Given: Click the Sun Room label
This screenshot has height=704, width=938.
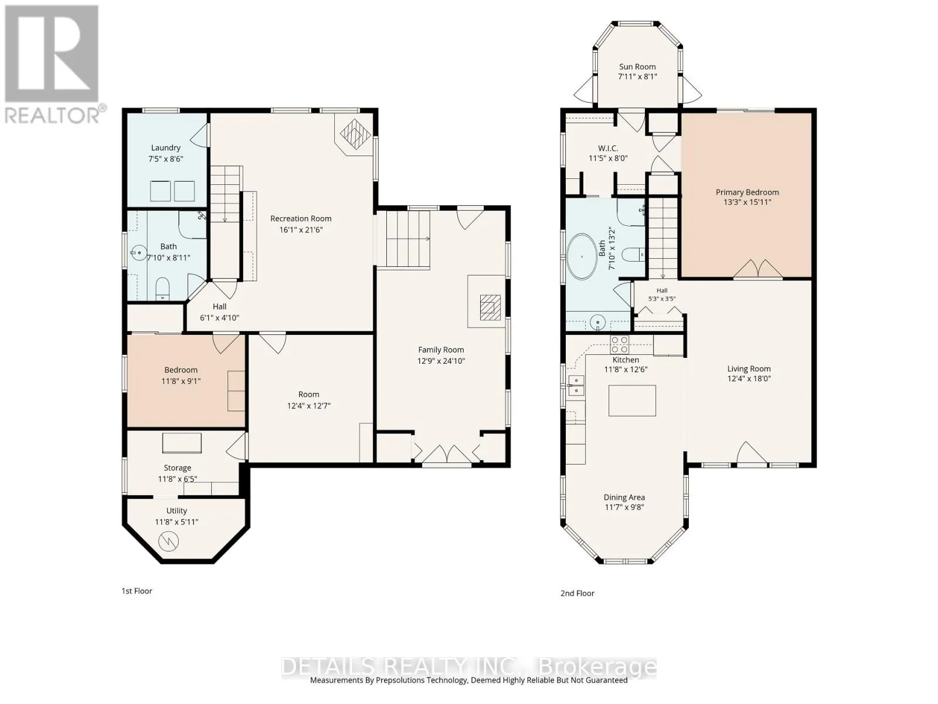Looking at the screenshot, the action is click(x=637, y=67).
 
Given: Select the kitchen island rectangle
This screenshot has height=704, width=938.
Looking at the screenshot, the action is click(x=632, y=400).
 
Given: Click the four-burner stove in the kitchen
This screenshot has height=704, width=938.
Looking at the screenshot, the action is click(x=620, y=344).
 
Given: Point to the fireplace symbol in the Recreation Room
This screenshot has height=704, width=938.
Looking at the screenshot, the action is click(x=355, y=133).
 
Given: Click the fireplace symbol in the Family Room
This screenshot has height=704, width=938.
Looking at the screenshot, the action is click(x=490, y=307).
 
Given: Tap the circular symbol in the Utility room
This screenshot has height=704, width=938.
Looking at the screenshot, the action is click(x=168, y=541).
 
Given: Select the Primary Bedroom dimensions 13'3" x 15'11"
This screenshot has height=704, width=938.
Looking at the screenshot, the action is click(x=747, y=202).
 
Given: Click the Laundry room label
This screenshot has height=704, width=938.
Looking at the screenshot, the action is click(x=166, y=148).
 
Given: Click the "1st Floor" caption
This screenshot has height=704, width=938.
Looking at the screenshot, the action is click(x=137, y=591).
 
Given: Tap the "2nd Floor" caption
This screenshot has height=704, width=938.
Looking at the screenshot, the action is click(x=577, y=593).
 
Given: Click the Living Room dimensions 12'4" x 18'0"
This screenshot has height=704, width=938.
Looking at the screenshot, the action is click(x=749, y=378).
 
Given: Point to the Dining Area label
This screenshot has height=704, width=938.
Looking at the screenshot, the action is click(x=624, y=497).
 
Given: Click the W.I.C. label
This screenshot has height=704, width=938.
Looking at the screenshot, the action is click(x=608, y=148).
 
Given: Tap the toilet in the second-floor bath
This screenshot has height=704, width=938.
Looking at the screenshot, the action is click(x=633, y=256).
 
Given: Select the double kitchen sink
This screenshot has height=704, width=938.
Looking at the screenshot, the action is click(x=576, y=385).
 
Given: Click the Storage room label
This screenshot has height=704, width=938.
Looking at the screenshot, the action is click(x=178, y=468).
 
